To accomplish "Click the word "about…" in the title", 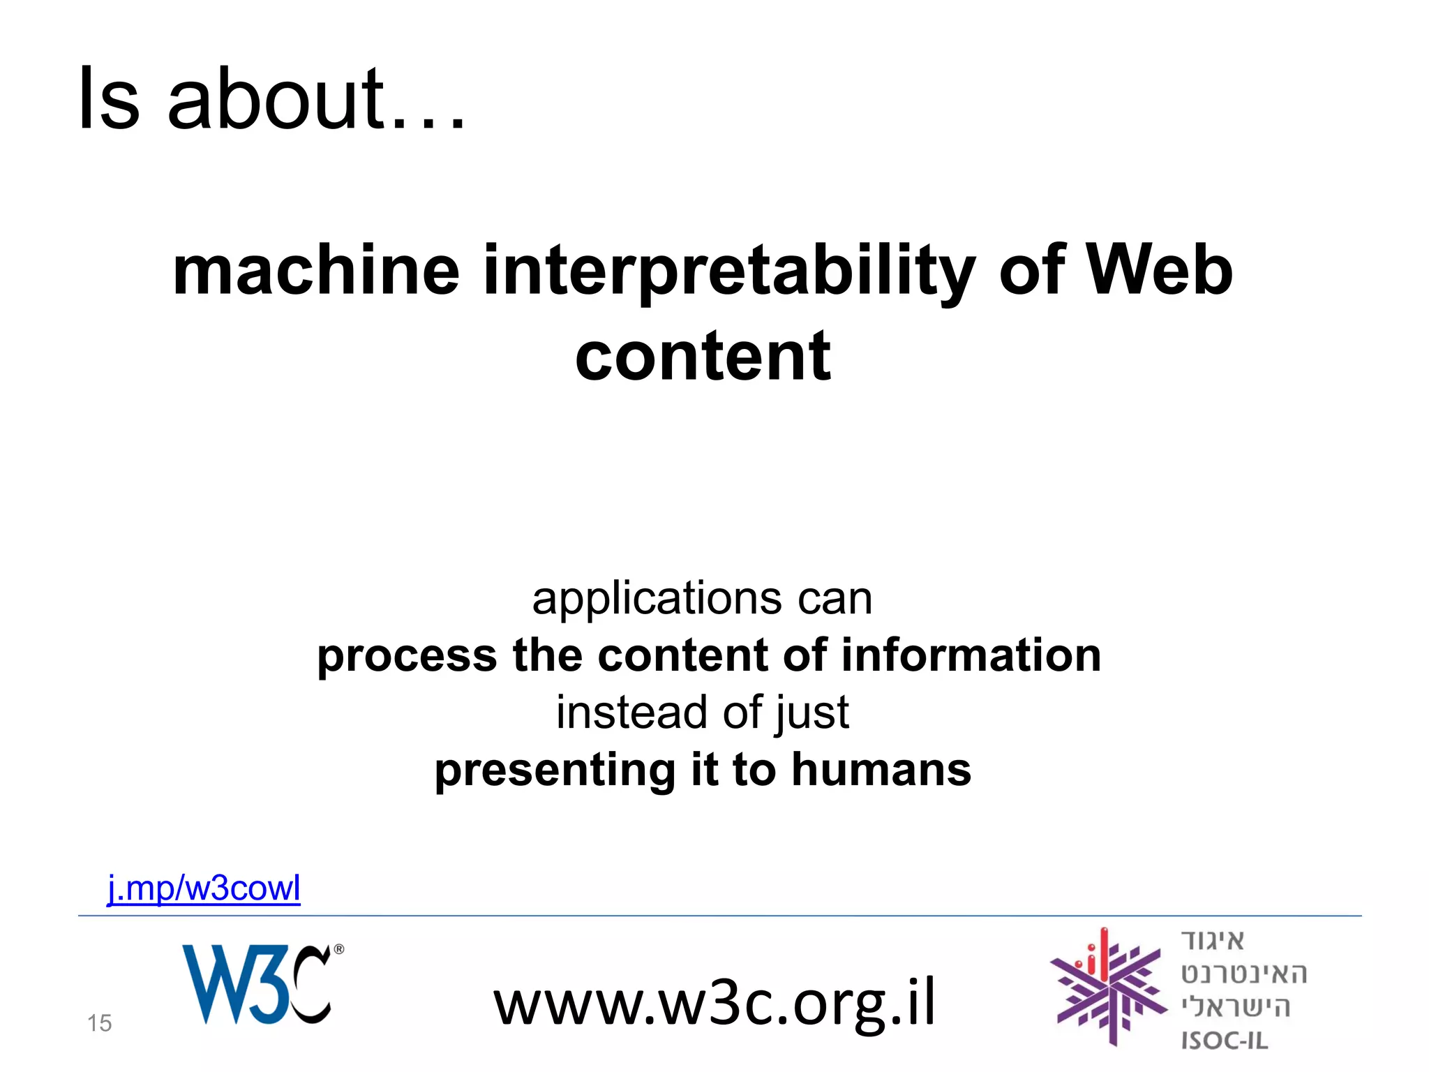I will [316, 99].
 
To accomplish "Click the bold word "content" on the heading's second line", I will [703, 357].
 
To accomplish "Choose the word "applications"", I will [657, 599].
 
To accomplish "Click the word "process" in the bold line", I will [407, 657].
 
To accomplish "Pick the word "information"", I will [971, 655].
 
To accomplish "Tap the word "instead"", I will [631, 713].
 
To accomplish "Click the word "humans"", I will [881, 770].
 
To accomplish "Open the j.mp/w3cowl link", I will [204, 888].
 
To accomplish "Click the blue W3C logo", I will [255, 984].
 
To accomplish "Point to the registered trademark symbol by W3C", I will [339, 949].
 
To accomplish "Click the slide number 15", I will [99, 1023].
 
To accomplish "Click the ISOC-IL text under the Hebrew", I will [1224, 1041].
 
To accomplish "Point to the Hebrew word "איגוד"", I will [1213, 941].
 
